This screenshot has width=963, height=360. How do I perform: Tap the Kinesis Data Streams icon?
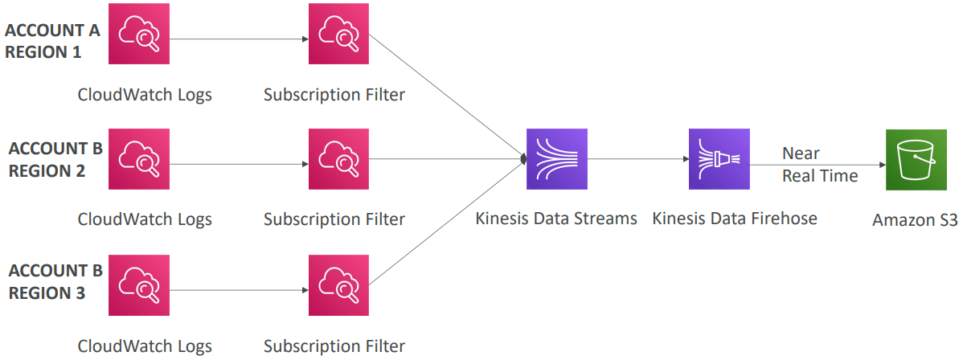557,159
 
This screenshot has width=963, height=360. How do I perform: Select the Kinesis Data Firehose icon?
719,159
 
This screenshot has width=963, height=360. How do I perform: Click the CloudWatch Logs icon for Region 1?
139,34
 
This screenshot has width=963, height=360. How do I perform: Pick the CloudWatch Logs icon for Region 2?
139,158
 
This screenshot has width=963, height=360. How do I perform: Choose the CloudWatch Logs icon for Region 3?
139,285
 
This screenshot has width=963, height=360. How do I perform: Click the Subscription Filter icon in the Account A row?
339,34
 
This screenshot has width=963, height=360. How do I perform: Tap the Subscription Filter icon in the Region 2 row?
339,158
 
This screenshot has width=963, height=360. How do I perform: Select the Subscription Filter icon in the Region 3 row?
339,285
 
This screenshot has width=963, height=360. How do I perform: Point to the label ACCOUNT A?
53,31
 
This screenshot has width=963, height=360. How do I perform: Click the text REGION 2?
47,170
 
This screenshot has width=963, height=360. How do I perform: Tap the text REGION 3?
47,292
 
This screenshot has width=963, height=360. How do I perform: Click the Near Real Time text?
819,165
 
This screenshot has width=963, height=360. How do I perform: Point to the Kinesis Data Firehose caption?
735,218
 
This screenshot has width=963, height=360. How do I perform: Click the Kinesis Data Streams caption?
556,218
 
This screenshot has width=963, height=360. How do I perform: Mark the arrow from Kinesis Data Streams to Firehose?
639,159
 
